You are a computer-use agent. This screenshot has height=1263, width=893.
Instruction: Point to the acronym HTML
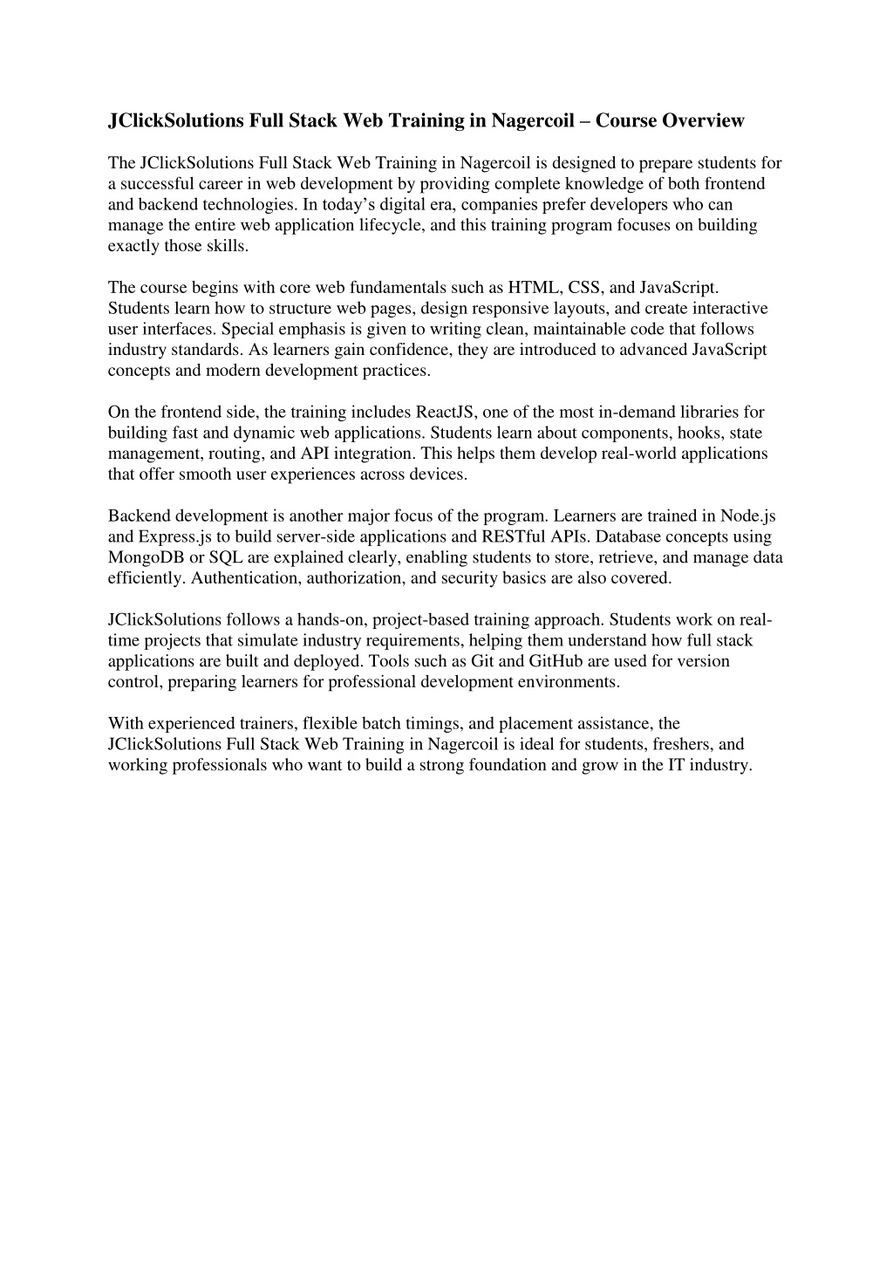click(534, 287)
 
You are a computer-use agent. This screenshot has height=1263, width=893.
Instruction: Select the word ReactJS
click(445, 412)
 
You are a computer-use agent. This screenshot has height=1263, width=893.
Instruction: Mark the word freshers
click(683, 744)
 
